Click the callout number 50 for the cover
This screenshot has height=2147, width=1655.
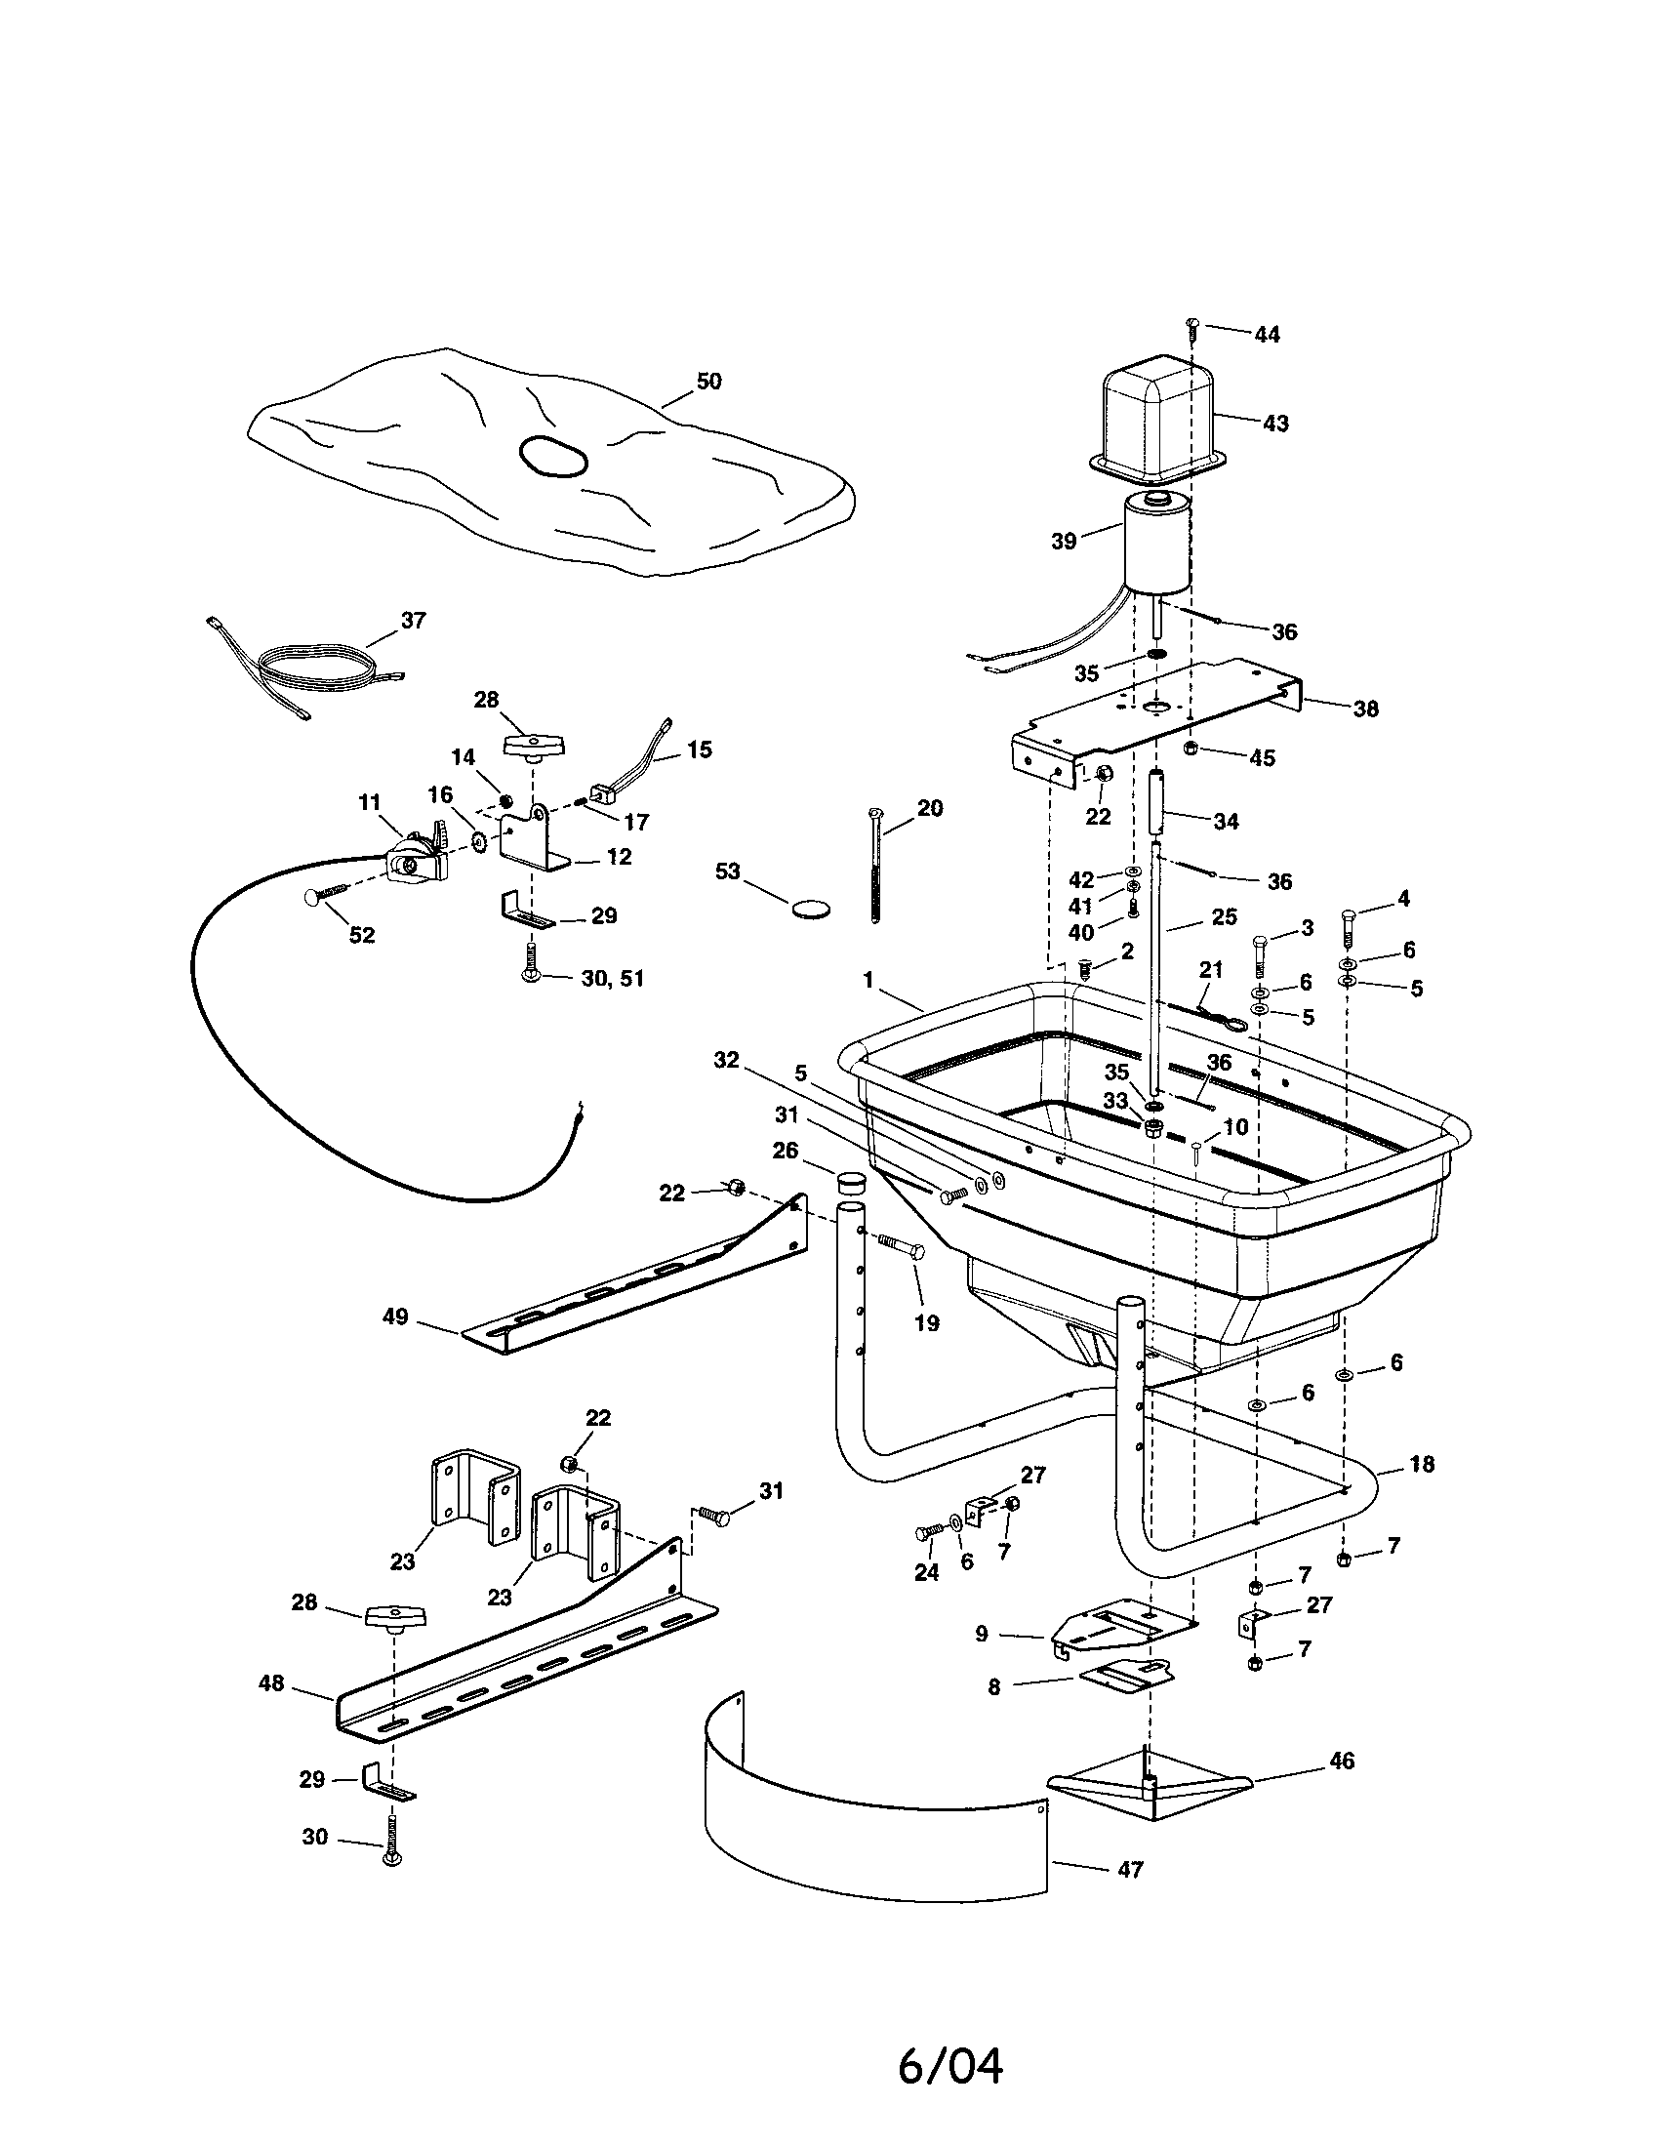(x=707, y=382)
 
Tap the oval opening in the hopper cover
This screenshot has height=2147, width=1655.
(x=553, y=457)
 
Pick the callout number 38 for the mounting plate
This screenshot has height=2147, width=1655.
(x=1365, y=709)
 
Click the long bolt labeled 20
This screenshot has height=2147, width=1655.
(x=872, y=865)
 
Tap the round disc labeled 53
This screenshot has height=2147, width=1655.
(x=810, y=908)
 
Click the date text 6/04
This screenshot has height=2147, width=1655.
(x=949, y=2065)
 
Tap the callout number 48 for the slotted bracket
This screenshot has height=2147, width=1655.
(x=271, y=1683)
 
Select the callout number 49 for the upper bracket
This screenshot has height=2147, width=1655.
(x=395, y=1317)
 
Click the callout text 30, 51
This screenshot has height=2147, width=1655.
(x=612, y=978)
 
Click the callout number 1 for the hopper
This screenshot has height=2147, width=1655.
(x=868, y=980)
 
